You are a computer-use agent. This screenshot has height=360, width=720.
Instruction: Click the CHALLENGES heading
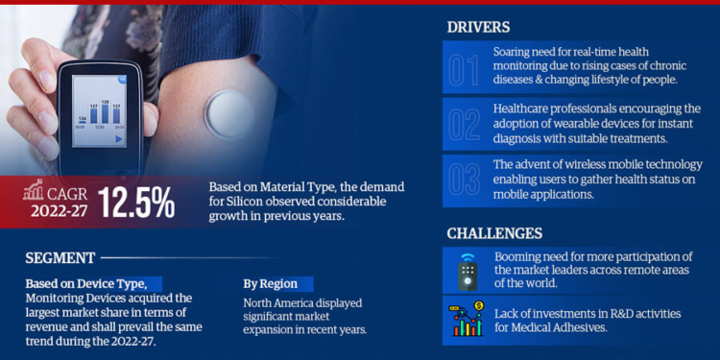(493, 233)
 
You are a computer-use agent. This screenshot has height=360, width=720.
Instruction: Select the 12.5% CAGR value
(141, 202)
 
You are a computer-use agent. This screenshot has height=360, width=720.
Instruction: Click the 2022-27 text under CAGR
(54, 211)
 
